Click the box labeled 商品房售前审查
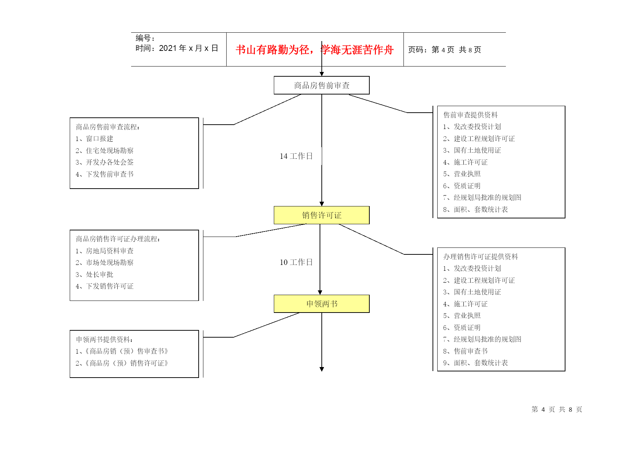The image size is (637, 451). (x=321, y=85)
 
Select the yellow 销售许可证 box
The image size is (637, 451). (x=321, y=215)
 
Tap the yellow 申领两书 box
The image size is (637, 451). (x=321, y=304)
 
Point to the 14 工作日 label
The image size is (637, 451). (x=296, y=156)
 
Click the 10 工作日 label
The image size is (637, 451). (x=296, y=262)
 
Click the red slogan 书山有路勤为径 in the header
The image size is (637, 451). (x=272, y=50)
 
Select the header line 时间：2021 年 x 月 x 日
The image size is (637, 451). (x=177, y=48)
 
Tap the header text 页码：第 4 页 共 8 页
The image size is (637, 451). (x=445, y=50)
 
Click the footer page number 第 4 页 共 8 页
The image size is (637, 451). (x=557, y=410)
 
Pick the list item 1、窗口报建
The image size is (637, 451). (x=94, y=139)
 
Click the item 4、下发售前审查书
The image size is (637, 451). (x=105, y=174)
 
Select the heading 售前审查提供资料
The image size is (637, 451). (x=470, y=115)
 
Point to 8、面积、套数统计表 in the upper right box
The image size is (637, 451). (x=475, y=210)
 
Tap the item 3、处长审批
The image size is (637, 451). (x=94, y=275)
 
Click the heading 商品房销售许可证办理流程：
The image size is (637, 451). (x=118, y=239)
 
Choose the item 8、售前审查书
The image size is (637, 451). (x=465, y=351)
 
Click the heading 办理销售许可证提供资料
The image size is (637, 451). (x=480, y=257)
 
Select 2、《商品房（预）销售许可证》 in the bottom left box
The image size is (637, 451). (x=122, y=363)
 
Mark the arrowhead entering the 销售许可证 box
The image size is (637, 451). (x=322, y=204)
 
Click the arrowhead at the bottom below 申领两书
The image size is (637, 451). (x=322, y=369)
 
